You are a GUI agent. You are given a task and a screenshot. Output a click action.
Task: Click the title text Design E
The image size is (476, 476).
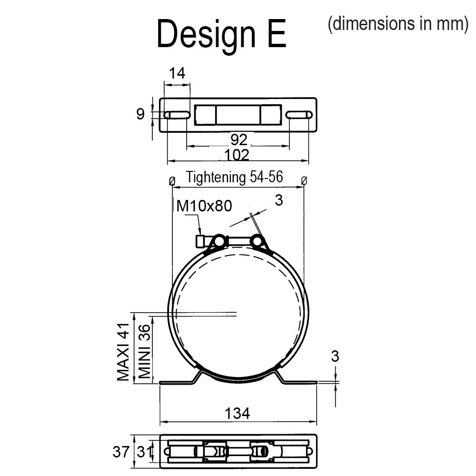click(222, 34)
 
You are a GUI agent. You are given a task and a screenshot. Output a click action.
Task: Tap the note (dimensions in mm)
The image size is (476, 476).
click(398, 24)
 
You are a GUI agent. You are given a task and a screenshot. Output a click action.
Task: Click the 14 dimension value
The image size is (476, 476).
click(177, 73)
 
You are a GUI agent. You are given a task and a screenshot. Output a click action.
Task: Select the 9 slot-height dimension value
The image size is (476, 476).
click(140, 114)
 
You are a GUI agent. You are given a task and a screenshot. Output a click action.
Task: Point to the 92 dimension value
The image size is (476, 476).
click(239, 140)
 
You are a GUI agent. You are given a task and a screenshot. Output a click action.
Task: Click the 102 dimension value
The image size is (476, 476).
click(237, 155)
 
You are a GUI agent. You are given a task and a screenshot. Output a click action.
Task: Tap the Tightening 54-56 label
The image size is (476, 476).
click(234, 177)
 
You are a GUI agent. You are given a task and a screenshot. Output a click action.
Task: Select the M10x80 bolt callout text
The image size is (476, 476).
click(204, 206)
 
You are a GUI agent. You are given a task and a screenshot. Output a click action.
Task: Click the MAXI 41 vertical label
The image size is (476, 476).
click(123, 352)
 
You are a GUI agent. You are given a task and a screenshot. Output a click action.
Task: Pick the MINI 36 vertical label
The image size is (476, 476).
click(145, 351)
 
